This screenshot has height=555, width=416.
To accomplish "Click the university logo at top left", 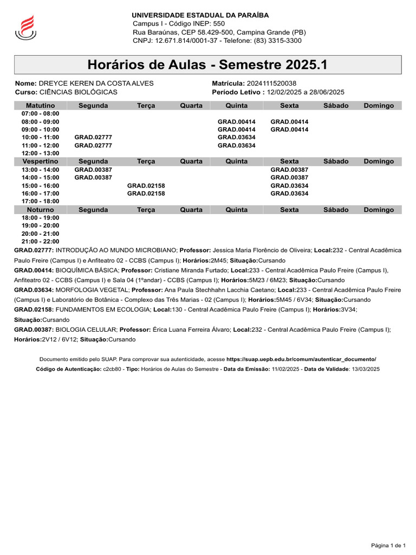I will [x=25, y=27].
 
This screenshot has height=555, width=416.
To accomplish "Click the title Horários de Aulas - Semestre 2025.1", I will [x=207, y=65].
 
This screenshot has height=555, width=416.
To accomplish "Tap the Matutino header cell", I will [x=41, y=106].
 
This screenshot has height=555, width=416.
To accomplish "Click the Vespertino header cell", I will [x=41, y=162].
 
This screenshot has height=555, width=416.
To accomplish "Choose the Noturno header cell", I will [x=41, y=210].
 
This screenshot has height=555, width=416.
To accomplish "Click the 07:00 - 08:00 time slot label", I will [x=41, y=114].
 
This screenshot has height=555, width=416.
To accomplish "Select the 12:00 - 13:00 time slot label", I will [x=41, y=153].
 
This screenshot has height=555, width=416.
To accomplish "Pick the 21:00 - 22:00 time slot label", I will [x=41, y=241].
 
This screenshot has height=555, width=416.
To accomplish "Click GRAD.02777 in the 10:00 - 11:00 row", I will [x=93, y=138].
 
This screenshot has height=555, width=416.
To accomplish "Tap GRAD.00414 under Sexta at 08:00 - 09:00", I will [x=289, y=122].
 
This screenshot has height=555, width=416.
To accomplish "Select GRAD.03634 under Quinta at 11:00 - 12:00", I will [x=237, y=145].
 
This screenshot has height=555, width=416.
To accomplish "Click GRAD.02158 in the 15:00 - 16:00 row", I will [x=146, y=185].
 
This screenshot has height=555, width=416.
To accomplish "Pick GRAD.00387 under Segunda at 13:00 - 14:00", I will [x=93, y=170].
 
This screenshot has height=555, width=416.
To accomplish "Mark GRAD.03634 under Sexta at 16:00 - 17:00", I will [x=289, y=193].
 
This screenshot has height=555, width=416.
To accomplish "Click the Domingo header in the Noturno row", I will [x=379, y=210].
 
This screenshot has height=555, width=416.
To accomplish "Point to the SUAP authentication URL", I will [x=301, y=359].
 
